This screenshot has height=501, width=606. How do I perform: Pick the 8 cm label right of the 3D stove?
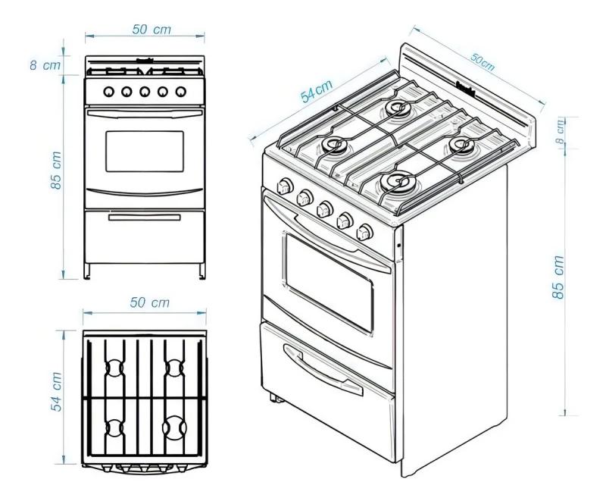559,132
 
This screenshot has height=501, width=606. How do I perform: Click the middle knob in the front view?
145,92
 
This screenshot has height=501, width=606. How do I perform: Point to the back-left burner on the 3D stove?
394,108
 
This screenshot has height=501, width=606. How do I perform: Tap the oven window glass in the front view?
144,151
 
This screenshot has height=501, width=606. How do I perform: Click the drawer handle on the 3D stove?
311,362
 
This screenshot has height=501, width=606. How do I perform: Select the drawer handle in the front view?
144,218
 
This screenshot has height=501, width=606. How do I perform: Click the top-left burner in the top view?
113,368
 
